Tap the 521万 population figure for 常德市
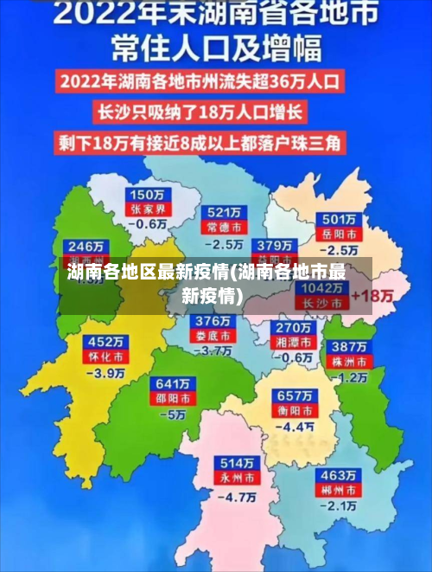224,212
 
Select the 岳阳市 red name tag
340,234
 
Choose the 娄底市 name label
213,336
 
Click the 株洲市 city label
352,361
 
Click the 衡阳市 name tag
295,410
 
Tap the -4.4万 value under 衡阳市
295,427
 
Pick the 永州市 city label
237,478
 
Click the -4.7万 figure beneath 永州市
237,497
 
